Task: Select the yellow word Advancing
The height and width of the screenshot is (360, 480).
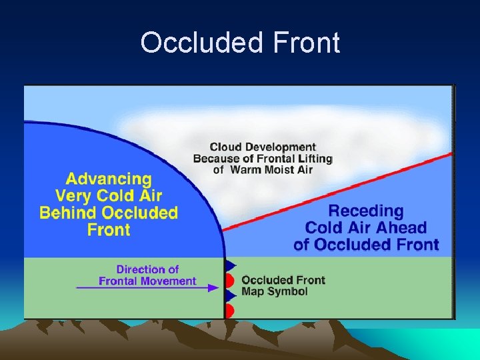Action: [x=109, y=179]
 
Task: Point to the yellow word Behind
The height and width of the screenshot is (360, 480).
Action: [x=71, y=213]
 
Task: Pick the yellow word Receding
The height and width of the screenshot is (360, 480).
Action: [x=366, y=211]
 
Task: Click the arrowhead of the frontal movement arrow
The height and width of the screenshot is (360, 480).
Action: [x=214, y=287]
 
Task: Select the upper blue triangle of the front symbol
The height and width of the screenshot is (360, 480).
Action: [x=231, y=265]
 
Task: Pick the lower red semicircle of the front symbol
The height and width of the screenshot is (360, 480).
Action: [x=229, y=311]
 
